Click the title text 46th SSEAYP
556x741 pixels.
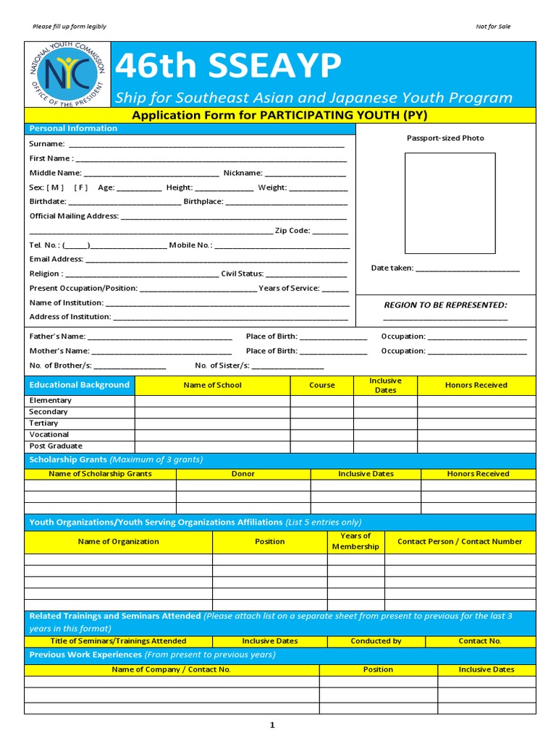click(228, 67)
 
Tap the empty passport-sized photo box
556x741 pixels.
click(450, 203)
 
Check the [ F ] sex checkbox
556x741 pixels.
click(80, 187)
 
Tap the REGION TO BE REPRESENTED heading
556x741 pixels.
click(445, 305)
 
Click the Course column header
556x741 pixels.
click(322, 385)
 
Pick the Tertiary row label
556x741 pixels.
click(43, 423)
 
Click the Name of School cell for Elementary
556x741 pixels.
click(212, 400)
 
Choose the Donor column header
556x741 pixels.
click(243, 474)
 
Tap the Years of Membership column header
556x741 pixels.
click(355, 541)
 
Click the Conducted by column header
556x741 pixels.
click(376, 641)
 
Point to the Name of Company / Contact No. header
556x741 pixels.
click(172, 669)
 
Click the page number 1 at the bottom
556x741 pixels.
click(272, 725)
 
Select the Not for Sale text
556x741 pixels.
click(493, 27)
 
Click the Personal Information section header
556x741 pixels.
click(73, 128)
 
